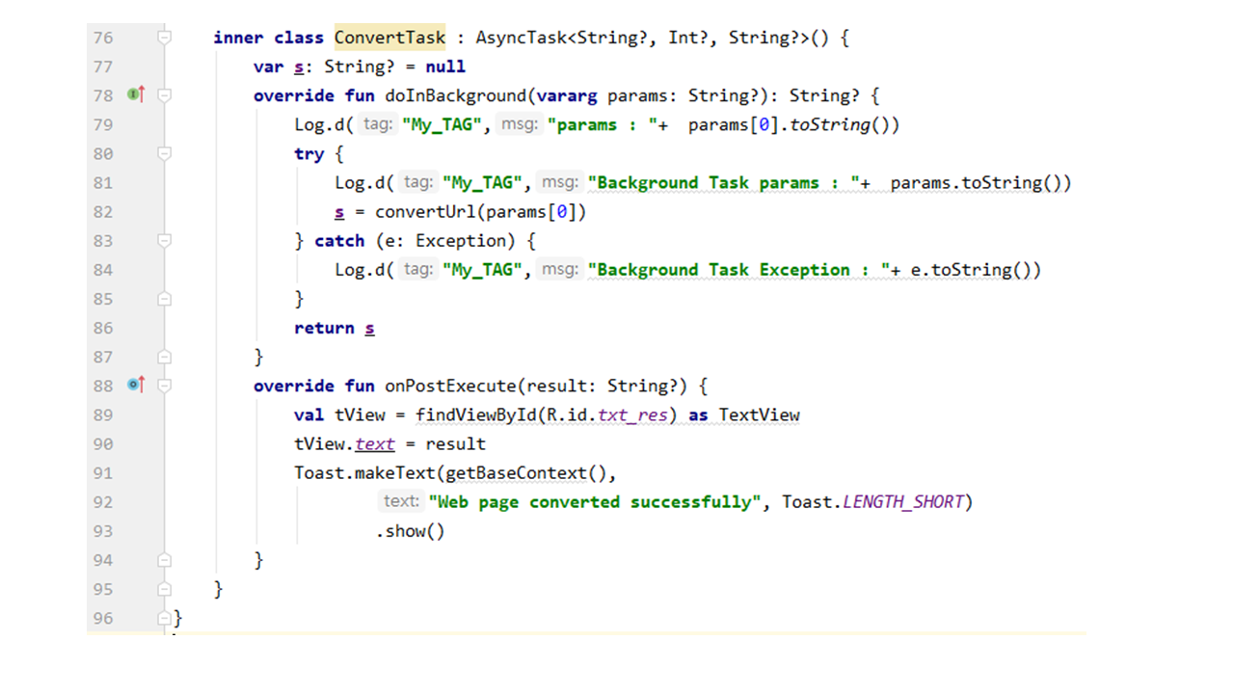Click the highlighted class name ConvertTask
click(389, 38)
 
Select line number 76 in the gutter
click(103, 38)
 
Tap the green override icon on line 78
click(133, 94)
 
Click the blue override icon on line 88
click(133, 385)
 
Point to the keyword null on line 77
click(445, 67)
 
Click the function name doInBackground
click(456, 95)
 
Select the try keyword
click(309, 154)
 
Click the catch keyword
click(339, 241)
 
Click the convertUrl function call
click(425, 212)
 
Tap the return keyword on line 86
click(324, 329)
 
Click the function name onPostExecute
click(450, 386)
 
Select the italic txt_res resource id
click(632, 414)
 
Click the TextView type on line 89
click(759, 414)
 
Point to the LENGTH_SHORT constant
click(903, 502)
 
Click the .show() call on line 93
click(410, 531)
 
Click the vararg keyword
click(567, 95)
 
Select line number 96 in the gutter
click(103, 618)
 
